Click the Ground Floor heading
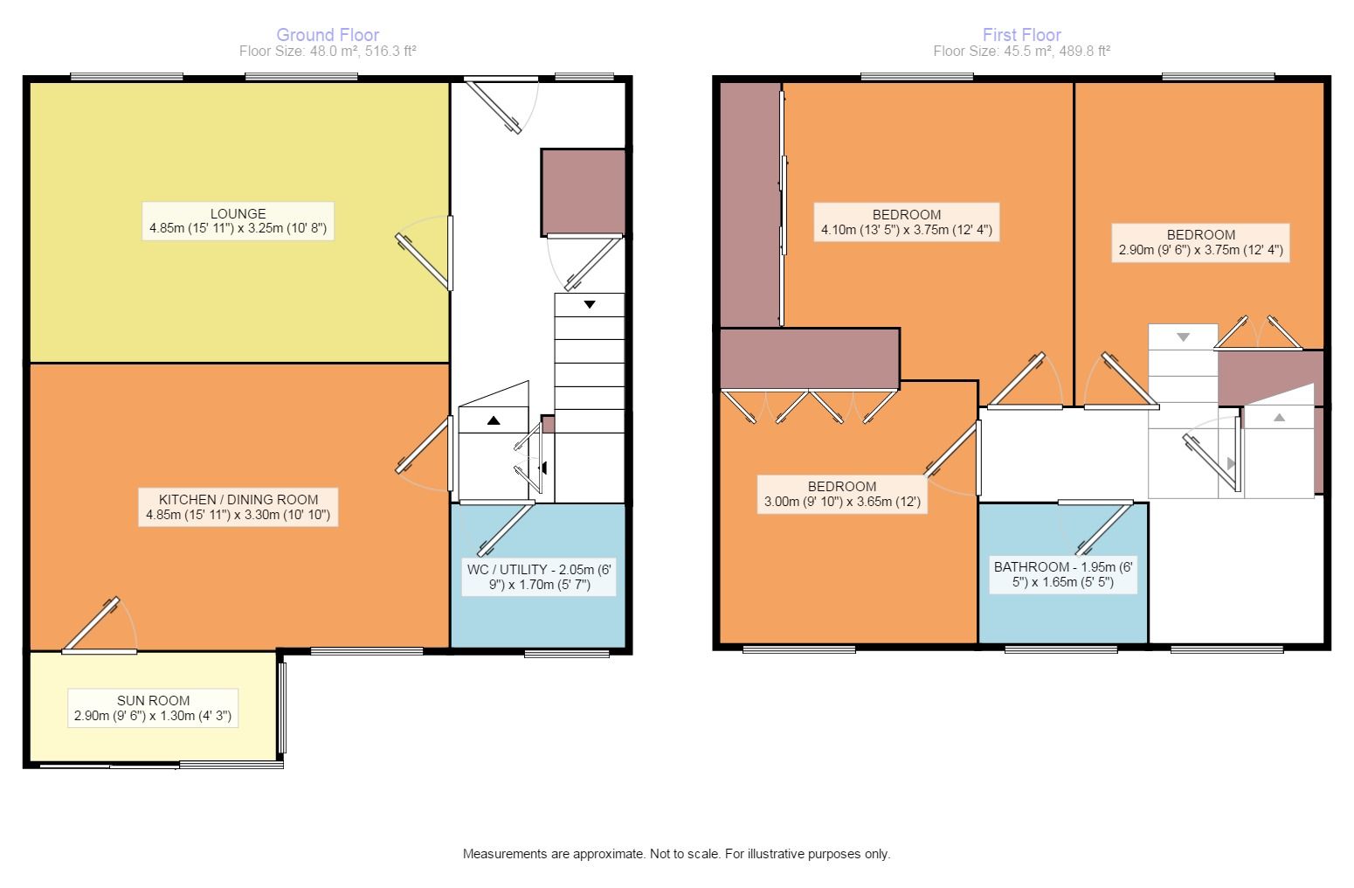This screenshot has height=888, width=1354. click(x=328, y=34)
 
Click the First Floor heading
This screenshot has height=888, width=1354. click(x=1021, y=34)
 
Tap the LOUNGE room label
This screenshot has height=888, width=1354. click(x=238, y=221)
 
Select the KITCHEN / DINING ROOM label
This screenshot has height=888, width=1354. click(x=238, y=507)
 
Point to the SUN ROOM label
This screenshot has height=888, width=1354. click(x=153, y=708)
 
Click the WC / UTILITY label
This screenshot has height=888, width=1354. click(x=539, y=577)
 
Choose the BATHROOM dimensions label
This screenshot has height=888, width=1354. click(x=1063, y=574)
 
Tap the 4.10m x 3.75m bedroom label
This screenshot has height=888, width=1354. click(x=907, y=222)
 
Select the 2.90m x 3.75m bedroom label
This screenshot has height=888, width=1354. click(x=1200, y=242)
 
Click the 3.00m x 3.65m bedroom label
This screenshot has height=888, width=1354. click(x=842, y=494)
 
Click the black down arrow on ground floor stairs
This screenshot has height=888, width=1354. click(x=590, y=304)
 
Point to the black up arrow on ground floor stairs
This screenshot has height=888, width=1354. click(x=494, y=420)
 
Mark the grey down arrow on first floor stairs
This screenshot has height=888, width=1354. click(x=1184, y=336)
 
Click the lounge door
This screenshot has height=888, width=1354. click(x=423, y=261)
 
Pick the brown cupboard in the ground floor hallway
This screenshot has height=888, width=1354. click(x=584, y=191)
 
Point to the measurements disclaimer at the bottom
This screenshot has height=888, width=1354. click(x=676, y=854)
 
